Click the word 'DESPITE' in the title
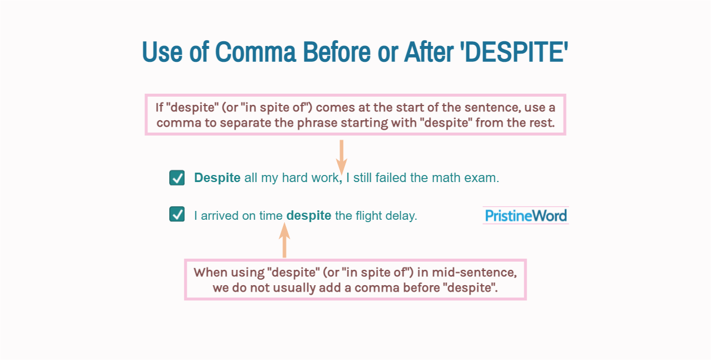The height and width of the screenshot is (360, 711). coord(518,52)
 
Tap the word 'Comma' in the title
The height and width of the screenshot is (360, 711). coord(255,52)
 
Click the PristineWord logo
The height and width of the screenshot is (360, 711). coord(525,216)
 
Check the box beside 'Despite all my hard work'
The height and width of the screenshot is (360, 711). coord(177,178)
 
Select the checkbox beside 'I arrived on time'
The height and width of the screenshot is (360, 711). coord(177,214)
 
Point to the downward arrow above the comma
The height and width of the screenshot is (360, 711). coord(341,157)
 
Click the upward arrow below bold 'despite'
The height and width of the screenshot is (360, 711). coord(284,242)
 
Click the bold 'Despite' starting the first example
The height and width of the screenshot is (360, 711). coord(217,178)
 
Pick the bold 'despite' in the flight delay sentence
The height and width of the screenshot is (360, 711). coord(308,216)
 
